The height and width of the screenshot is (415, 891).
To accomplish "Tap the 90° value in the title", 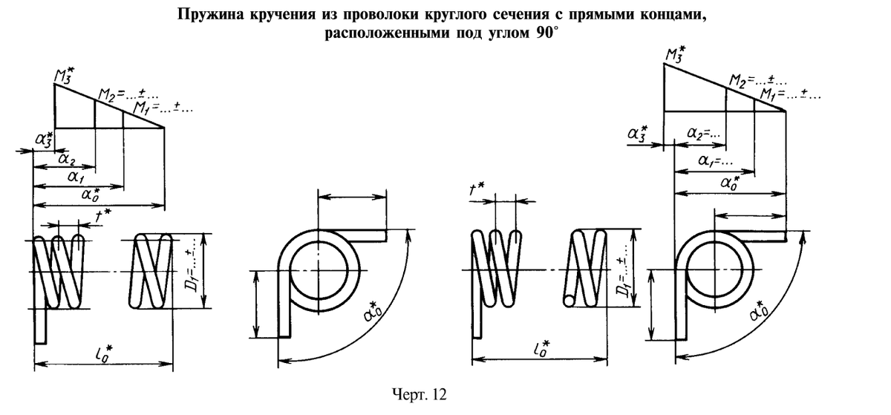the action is (547, 33).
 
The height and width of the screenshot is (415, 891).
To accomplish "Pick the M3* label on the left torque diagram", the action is (65, 75).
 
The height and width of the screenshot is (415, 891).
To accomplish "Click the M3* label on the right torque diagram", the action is (675, 55).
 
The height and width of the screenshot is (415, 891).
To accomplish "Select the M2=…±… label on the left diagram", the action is (123, 97).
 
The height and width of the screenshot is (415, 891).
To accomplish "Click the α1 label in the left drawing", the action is (75, 176).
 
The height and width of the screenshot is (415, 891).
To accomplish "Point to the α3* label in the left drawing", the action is (44, 140).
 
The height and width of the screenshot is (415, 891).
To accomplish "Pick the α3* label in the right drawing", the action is (637, 133).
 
